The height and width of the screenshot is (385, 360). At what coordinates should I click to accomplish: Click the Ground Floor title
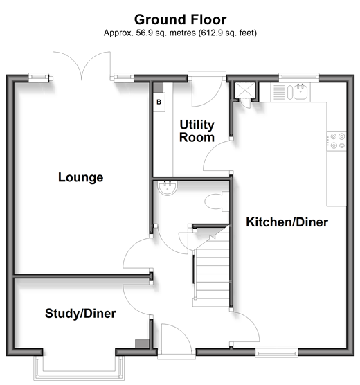tap(180, 19)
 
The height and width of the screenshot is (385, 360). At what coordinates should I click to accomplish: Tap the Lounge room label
tap(80, 177)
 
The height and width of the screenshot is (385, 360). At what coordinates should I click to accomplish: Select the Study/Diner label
tap(80, 313)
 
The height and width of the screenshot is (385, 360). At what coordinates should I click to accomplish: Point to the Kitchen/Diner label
tap(287, 222)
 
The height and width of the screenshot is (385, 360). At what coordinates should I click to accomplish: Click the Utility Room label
tap(197, 131)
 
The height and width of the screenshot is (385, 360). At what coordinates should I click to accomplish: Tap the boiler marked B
tap(159, 102)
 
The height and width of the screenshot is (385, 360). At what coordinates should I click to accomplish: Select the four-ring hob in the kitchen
tap(336, 141)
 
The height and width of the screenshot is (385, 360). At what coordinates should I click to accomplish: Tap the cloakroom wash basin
tap(168, 188)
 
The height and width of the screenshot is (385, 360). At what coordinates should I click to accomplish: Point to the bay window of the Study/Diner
tap(79, 366)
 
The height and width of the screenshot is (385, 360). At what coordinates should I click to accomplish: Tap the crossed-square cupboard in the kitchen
tap(245, 91)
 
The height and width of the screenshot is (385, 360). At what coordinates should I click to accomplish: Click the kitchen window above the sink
tap(299, 76)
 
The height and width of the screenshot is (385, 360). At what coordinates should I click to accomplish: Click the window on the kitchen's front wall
tap(277, 353)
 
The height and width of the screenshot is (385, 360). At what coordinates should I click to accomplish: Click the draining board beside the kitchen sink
tap(279, 92)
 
